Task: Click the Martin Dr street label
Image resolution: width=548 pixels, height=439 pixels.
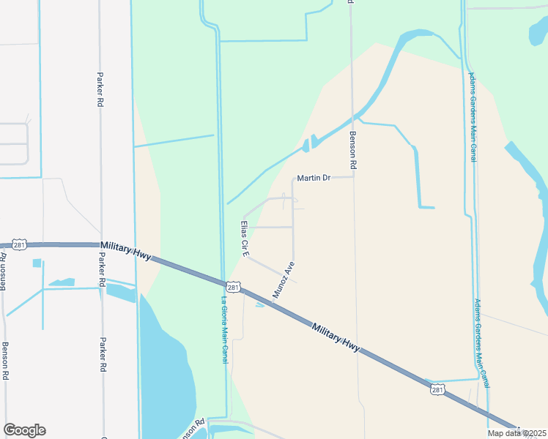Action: [x=314, y=178]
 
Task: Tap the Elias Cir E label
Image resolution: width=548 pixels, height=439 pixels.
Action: [x=245, y=238]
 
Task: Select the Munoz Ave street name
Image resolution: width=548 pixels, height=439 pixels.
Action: [x=284, y=279]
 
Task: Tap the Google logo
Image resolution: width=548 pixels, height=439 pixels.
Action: [x=24, y=430]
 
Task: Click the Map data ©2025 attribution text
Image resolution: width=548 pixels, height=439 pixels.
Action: [x=517, y=432]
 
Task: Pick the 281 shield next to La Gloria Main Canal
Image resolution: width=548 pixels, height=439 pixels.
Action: [x=232, y=288]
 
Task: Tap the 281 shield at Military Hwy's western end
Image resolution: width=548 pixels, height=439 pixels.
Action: [x=20, y=244]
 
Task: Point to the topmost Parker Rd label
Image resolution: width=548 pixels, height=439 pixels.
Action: [x=99, y=89]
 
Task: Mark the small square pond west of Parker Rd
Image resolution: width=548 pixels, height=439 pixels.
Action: [x=37, y=263]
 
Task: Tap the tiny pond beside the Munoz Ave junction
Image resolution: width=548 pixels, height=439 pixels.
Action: [x=260, y=305]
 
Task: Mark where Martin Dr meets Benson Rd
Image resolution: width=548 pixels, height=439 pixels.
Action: [x=353, y=176]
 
